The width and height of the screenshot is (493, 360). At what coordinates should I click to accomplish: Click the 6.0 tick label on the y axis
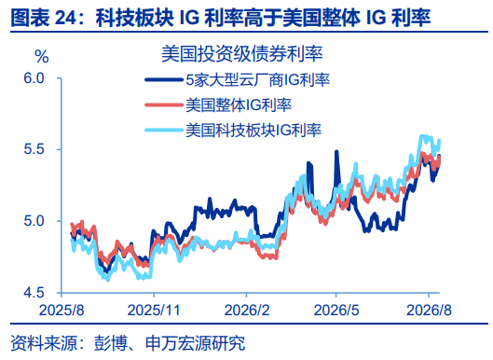click(34, 77)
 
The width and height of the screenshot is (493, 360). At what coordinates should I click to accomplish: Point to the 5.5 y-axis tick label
click(34, 149)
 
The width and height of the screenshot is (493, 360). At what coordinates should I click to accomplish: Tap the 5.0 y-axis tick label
click(34, 221)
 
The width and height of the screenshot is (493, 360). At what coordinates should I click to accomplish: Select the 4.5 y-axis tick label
click(34, 293)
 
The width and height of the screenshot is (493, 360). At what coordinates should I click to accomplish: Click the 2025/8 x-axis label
click(62, 310)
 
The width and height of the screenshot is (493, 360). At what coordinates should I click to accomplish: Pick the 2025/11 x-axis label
click(154, 310)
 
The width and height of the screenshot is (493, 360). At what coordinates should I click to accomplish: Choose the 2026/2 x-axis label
click(247, 310)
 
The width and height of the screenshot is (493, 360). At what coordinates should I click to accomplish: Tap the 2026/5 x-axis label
click(336, 310)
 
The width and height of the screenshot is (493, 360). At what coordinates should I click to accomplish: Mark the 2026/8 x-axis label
click(429, 310)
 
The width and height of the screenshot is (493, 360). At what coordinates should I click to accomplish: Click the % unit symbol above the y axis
click(42, 57)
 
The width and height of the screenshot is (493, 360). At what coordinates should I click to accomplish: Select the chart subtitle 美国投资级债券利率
click(241, 54)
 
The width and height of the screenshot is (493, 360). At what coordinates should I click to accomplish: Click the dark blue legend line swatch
click(163, 79)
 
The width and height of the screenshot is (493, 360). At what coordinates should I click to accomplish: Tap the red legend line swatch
click(163, 104)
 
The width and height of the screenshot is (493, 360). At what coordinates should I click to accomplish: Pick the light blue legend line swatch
click(163, 130)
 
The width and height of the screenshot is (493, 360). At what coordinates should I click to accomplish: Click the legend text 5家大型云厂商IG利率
click(258, 80)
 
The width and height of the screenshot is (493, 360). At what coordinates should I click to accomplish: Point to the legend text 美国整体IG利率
click(239, 105)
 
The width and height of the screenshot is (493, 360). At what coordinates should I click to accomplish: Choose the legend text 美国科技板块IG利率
click(253, 131)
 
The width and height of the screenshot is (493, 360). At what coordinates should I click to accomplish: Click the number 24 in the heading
click(65, 18)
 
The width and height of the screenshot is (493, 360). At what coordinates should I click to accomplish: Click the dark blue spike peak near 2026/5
click(336, 152)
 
